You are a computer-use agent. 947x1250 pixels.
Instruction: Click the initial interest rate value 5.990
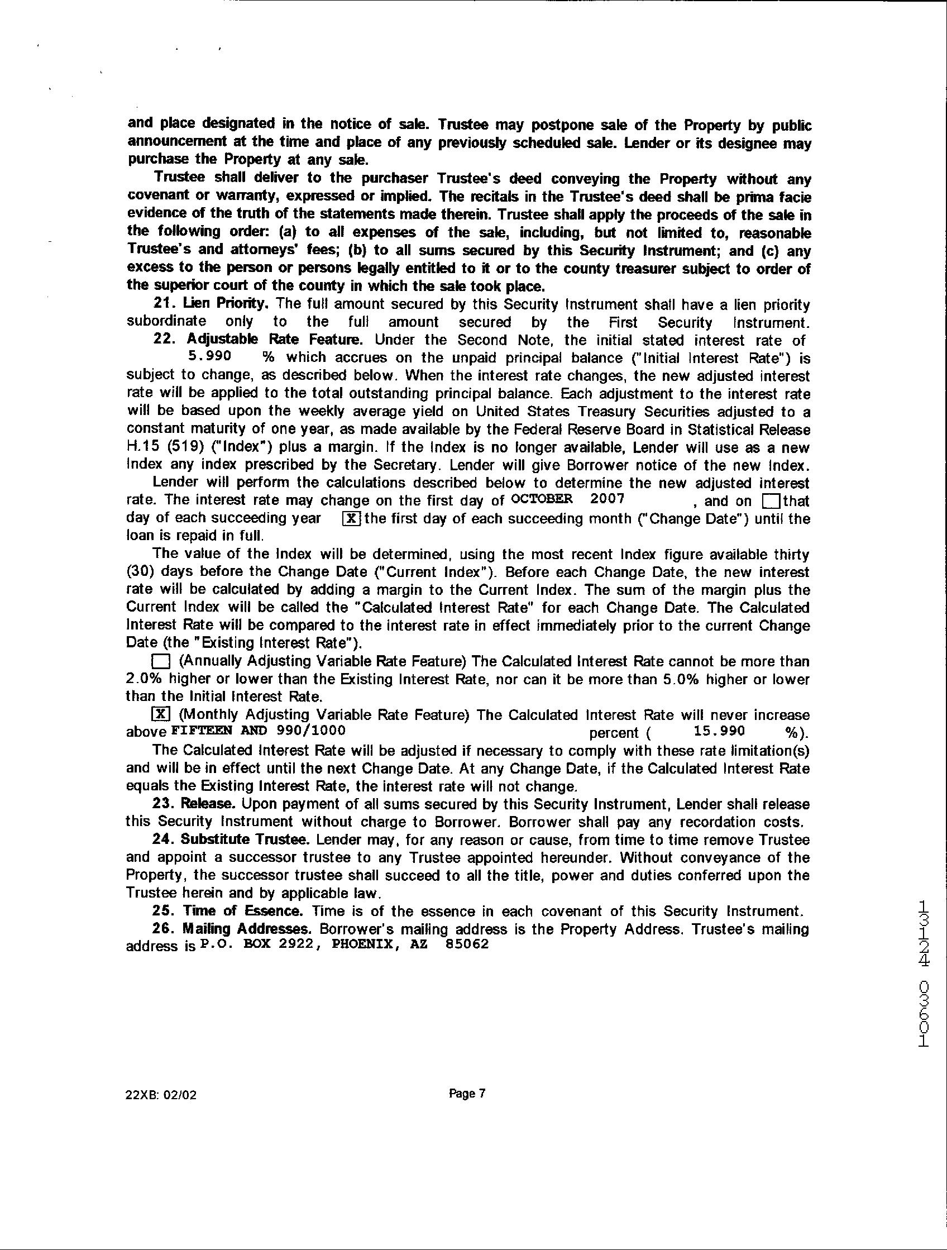209,356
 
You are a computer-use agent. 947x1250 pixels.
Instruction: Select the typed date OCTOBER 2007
567,498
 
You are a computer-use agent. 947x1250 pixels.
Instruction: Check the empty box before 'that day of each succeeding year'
771,501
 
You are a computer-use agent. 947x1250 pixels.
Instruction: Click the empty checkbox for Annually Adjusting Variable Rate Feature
160,661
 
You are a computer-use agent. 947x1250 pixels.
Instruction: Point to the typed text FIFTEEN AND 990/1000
258,729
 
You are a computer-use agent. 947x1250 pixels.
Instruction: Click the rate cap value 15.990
719,731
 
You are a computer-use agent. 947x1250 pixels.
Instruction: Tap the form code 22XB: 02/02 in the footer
161,1095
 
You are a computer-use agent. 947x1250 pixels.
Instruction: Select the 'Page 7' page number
467,1094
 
